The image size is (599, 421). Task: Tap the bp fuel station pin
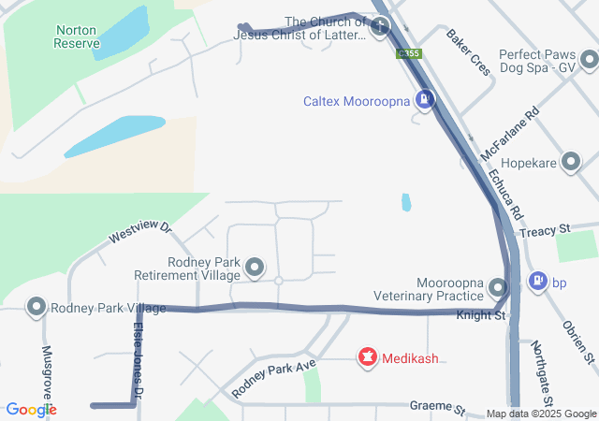click(538, 281)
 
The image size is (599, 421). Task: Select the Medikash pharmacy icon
click(368, 357)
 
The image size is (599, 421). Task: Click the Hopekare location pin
click(570, 162)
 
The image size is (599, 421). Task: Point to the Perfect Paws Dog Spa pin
click(588, 61)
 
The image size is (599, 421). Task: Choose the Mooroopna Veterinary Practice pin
click(498, 287)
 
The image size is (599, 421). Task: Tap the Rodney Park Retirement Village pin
click(255, 269)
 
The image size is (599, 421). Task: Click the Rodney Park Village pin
click(37, 307)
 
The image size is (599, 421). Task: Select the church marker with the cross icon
click(380, 28)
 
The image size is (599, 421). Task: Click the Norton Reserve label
click(76, 36)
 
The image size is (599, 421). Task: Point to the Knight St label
click(481, 316)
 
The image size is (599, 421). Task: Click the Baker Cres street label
click(469, 52)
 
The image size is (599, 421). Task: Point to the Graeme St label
click(437, 408)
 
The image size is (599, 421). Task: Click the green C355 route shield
click(410, 54)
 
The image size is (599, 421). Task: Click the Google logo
click(31, 410)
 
